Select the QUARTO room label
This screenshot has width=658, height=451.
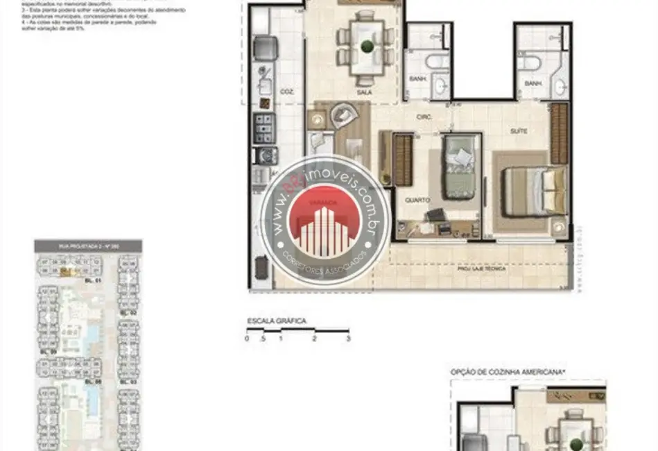417,200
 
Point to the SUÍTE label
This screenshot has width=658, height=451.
518,130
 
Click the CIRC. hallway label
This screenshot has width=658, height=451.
424,117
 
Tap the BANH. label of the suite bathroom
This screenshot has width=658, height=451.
533,83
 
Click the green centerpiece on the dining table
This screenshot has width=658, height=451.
365,47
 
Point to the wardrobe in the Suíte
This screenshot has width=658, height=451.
559,133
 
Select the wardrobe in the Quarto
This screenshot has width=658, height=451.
403,160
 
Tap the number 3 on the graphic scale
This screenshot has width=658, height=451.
348,339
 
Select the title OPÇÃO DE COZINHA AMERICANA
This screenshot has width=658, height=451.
508,373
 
